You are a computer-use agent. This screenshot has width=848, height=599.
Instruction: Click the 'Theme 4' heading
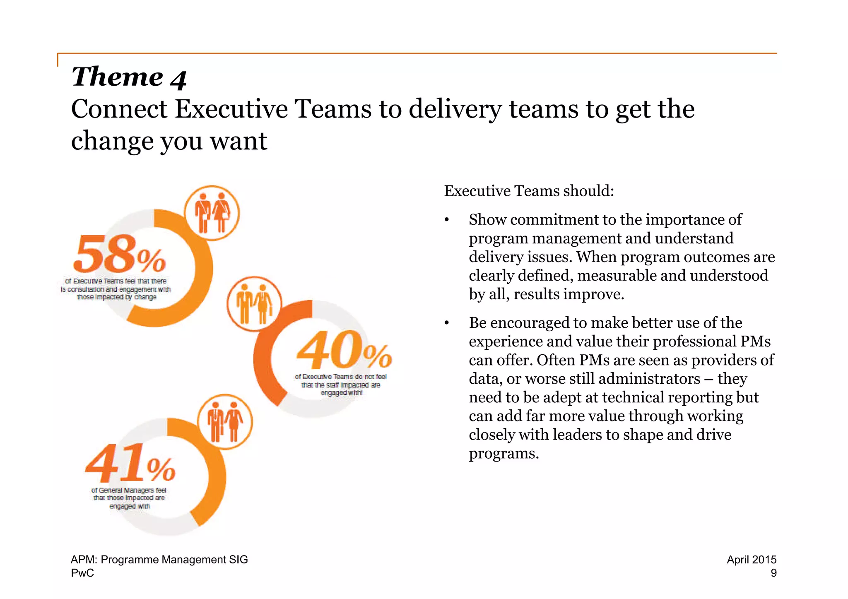pyautogui.click(x=129, y=77)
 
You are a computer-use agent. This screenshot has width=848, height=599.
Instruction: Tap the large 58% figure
pyautogui.click(x=119, y=253)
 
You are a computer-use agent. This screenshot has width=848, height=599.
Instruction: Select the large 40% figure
pyautogui.click(x=344, y=350)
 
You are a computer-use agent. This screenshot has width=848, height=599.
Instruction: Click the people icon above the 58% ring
pyautogui.click(x=212, y=213)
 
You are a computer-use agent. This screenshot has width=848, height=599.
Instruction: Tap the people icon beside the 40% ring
pyautogui.click(x=254, y=303)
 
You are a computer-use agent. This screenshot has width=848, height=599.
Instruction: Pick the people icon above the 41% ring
pyautogui.click(x=225, y=421)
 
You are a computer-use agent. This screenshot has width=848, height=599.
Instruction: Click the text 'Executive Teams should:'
pyautogui.click(x=529, y=191)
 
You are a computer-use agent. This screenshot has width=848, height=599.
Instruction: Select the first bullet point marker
pyautogui.click(x=447, y=220)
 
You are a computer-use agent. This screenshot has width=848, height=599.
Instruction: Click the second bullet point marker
pyautogui.click(x=447, y=323)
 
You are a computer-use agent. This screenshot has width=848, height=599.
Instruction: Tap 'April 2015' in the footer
pyautogui.click(x=751, y=559)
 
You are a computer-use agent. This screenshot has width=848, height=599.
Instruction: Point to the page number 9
pyautogui.click(x=773, y=573)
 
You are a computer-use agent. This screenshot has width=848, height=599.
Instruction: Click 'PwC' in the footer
pyautogui.click(x=82, y=573)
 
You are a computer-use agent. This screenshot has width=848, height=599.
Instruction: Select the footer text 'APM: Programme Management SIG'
pyautogui.click(x=159, y=559)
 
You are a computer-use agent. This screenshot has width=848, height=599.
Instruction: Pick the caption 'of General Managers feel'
pyautogui.click(x=129, y=490)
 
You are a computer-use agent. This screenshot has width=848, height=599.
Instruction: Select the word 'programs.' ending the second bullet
pyautogui.click(x=503, y=453)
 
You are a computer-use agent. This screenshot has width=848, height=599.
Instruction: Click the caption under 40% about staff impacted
pyautogui.click(x=341, y=385)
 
